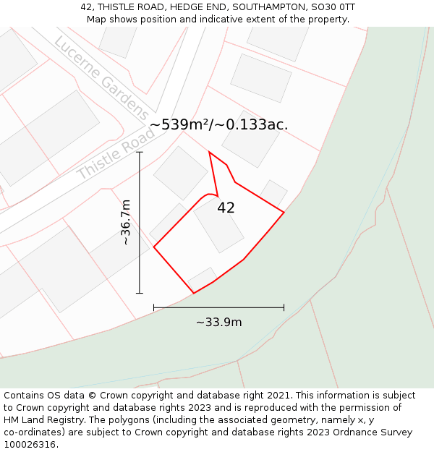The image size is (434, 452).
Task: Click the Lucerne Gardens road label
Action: (x=101, y=77)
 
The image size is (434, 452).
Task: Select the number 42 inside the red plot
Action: (x=226, y=208)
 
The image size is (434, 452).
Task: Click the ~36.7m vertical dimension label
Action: (x=126, y=222)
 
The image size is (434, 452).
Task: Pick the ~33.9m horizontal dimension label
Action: (x=218, y=323)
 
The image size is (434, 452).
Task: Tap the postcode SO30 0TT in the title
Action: (x=334, y=7)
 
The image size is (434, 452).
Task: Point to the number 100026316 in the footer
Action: (x=30, y=445)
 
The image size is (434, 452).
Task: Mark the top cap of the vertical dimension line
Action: (x=140, y=152)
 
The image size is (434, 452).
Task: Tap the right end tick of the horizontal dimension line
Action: (x=284, y=307)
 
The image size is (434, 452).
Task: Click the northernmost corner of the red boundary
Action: (x=210, y=152)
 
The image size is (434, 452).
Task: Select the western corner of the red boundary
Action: (x=154, y=247)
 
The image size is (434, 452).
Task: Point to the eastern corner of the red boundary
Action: (x=284, y=212)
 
